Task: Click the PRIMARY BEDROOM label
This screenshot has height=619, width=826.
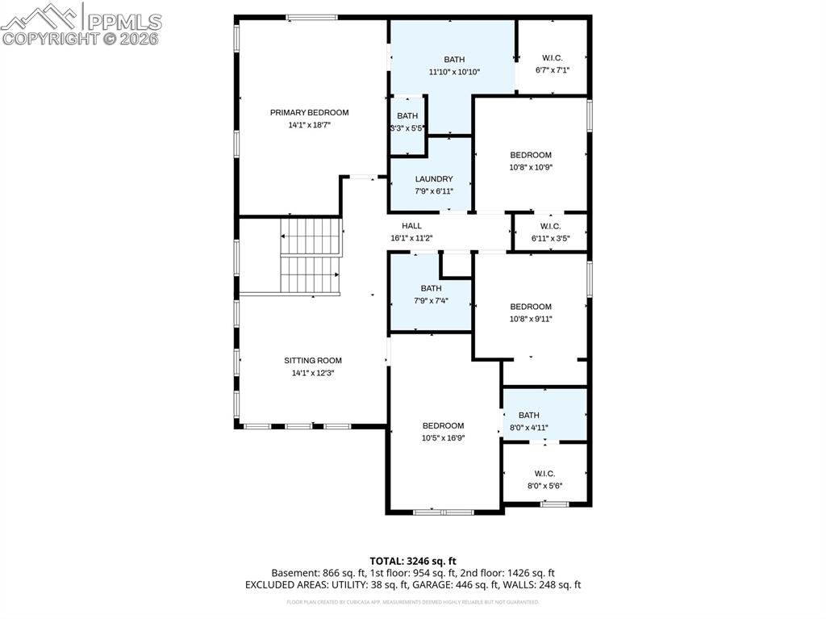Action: pyautogui.click(x=309, y=112)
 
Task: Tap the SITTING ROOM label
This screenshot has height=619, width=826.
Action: pyautogui.click(x=312, y=361)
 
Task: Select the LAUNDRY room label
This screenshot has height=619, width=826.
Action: pyautogui.click(x=434, y=179)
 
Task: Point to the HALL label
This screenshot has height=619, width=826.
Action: pyautogui.click(x=411, y=226)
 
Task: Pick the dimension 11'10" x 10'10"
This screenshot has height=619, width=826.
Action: pyautogui.click(x=454, y=72)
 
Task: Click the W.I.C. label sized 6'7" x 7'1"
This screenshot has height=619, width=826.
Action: pyautogui.click(x=553, y=58)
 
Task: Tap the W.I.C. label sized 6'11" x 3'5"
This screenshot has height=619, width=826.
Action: pyautogui.click(x=545, y=226)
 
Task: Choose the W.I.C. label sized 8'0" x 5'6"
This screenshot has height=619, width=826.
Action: pyautogui.click(x=544, y=474)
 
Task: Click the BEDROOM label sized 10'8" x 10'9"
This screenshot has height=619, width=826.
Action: pyautogui.click(x=531, y=155)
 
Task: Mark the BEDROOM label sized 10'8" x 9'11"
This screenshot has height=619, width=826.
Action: pyautogui.click(x=531, y=307)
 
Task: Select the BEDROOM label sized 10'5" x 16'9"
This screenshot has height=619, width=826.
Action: pyautogui.click(x=444, y=425)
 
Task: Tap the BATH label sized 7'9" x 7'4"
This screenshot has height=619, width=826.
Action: pyautogui.click(x=431, y=288)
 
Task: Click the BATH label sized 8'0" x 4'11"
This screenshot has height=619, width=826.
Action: pyautogui.click(x=529, y=416)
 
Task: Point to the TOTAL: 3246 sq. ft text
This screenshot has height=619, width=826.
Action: pyautogui.click(x=413, y=560)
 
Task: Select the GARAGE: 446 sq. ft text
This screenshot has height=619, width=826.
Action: pyautogui.click(x=463, y=584)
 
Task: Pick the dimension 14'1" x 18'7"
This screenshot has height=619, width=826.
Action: pyautogui.click(x=309, y=125)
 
